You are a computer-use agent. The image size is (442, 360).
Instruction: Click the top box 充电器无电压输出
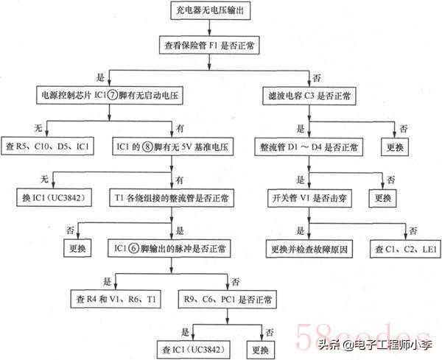pyautogui.click(x=210, y=10)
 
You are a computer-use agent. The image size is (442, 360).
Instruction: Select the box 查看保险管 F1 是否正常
pyautogui.click(x=209, y=45)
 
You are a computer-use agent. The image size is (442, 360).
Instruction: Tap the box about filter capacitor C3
pyautogui.click(x=309, y=96)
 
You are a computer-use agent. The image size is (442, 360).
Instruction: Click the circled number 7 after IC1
pyautogui.click(x=112, y=95)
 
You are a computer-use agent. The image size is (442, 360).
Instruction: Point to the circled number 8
pyautogui.click(x=147, y=147)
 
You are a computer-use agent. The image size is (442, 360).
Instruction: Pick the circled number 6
pyautogui.click(x=134, y=248)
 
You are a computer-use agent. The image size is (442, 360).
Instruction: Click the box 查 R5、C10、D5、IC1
pyautogui.click(x=47, y=147)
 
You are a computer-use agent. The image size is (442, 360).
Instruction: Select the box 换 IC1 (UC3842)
pyautogui.click(x=54, y=197)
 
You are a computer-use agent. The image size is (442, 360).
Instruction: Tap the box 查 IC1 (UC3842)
pyautogui.click(x=194, y=350)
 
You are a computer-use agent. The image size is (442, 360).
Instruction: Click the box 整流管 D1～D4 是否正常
pyautogui.click(x=309, y=147)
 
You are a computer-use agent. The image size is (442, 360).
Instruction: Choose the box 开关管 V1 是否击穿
pyautogui.click(x=309, y=198)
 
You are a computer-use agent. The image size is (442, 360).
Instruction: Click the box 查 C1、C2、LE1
pyautogui.click(x=405, y=249)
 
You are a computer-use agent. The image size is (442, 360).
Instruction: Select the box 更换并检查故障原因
pyautogui.click(x=309, y=249)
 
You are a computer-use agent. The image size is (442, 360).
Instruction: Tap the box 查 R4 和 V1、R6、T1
pyautogui.click(x=116, y=299)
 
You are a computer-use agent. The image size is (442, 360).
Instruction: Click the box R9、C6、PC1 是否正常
pyautogui.click(x=228, y=299)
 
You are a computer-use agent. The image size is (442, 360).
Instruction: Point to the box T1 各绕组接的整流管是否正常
pyautogui.click(x=172, y=198)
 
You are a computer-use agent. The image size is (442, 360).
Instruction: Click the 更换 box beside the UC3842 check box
pyautogui.click(x=260, y=350)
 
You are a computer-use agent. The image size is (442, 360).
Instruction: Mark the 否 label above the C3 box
pyautogui.click(x=316, y=78)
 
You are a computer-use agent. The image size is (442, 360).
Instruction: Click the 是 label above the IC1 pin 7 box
pyautogui.click(x=101, y=77)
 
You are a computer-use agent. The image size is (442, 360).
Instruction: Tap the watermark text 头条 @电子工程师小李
pyautogui.click(x=375, y=345)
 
